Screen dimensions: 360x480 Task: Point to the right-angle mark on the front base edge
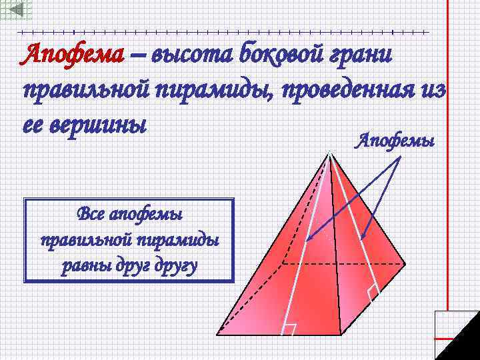coord(289,329)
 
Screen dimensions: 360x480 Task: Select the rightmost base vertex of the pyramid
coord(405,263)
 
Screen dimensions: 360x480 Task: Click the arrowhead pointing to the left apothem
coord(309,238)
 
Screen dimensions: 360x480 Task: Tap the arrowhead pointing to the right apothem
coord(361,238)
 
